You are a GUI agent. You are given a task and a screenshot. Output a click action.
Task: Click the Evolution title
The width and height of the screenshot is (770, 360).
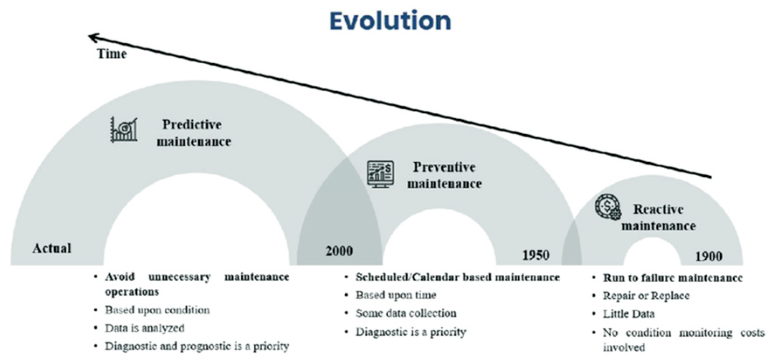tap(390, 21)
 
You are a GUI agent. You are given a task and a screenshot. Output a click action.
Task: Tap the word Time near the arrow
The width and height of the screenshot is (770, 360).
tap(112, 54)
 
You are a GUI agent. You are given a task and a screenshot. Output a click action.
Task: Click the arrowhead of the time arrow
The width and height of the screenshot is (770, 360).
tap(93, 38)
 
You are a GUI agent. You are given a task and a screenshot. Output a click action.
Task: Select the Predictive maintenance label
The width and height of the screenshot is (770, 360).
tap(194, 133)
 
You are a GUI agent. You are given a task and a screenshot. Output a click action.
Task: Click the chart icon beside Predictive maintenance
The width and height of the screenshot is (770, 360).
tap(124, 130)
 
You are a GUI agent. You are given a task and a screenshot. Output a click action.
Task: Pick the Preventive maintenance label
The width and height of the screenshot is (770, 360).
tap(444, 175)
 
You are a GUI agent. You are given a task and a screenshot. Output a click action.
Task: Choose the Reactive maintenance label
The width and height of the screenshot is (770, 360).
tap(659, 218)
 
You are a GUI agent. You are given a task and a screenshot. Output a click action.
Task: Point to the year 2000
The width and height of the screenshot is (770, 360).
tap(339, 251)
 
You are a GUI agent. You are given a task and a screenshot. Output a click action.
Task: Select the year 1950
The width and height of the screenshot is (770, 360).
tap(536, 255)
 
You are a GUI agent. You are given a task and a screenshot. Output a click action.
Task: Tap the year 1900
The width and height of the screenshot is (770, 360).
tap(709, 256)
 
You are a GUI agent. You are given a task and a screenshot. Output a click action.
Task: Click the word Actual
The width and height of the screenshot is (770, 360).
tap(52, 248)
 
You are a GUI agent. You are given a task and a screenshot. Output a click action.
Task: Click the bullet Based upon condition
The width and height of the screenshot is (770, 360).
tap(157, 310)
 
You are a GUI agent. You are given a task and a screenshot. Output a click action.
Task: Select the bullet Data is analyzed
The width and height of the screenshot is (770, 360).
tap(145, 328)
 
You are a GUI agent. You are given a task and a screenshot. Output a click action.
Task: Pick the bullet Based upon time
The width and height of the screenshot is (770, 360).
tap(396, 295)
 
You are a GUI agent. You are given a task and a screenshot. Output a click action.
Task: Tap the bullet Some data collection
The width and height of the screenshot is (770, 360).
tap(406, 313)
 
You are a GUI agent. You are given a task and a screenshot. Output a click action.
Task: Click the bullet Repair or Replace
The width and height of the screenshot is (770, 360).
tap(646, 296)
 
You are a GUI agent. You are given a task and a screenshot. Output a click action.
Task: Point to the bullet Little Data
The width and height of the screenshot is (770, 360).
tap(629, 314)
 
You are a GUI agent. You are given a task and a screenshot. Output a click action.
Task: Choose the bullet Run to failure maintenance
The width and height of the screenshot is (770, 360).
tap(673, 278)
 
